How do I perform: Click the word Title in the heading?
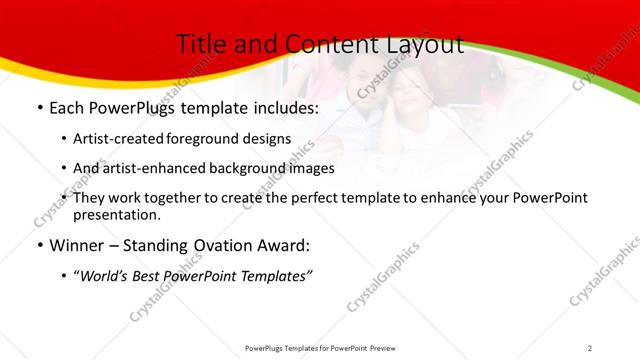(x=200, y=44)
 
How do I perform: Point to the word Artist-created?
(x=112, y=139)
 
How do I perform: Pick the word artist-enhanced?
(x=149, y=168)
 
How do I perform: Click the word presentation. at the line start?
(x=116, y=214)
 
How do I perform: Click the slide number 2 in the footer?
(x=590, y=347)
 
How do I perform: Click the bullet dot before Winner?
(x=39, y=246)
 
